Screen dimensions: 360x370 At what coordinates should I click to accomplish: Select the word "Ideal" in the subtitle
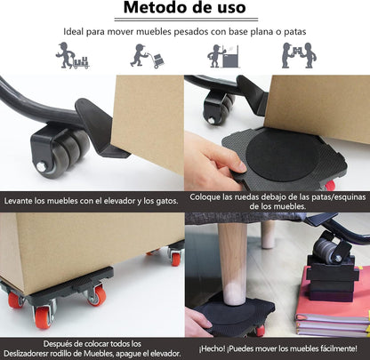pyautogui.click(x=76, y=33)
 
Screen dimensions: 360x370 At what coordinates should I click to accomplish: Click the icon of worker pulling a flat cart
pyautogui.click(x=68, y=56)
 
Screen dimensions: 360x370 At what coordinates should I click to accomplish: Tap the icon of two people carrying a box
pyautogui.click(x=298, y=56)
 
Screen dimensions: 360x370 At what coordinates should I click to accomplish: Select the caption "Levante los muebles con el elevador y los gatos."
pyautogui.click(x=92, y=201)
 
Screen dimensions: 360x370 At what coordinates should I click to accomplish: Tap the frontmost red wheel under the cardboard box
pyautogui.click(x=42, y=316)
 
